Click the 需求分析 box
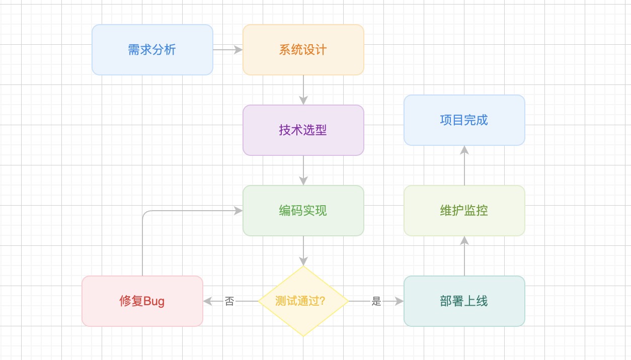pyautogui.click(x=152, y=50)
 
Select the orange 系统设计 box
pyautogui.click(x=303, y=50)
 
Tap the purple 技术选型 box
pyautogui.click(x=303, y=130)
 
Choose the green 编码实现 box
pyautogui.click(x=303, y=211)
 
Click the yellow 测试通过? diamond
pyautogui.click(x=303, y=301)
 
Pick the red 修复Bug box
pyautogui.click(x=142, y=301)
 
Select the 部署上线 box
pyautogui.click(x=464, y=301)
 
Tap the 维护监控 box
pyautogui.click(x=464, y=211)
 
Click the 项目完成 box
pyautogui.click(x=464, y=120)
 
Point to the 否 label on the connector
pyautogui.click(x=229, y=302)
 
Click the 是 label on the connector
pyautogui.click(x=376, y=302)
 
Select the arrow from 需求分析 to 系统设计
pyautogui.click(x=227, y=50)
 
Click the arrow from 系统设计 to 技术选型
pyautogui.click(x=303, y=89)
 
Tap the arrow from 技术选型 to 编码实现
pyautogui.click(x=303, y=170)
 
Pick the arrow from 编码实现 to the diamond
pyautogui.click(x=303, y=250)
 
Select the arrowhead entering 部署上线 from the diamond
pyautogui.click(x=400, y=301)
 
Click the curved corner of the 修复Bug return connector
pyautogui.click(x=144, y=213)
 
